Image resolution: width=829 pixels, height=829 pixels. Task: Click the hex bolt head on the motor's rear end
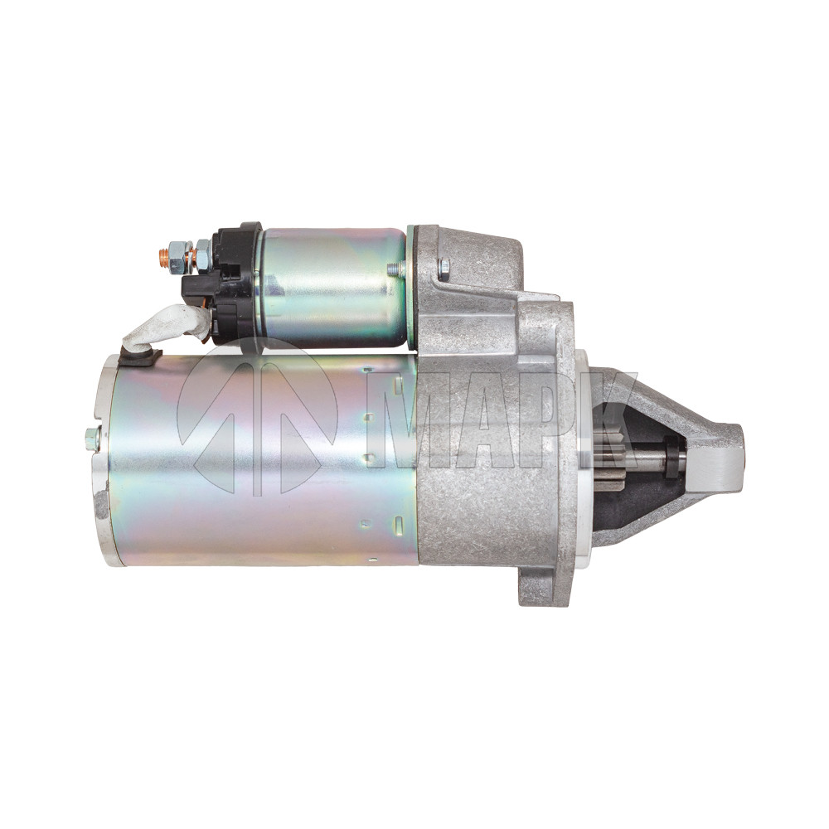[x=92, y=439]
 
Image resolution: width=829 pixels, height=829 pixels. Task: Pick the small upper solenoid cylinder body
[x=333, y=288]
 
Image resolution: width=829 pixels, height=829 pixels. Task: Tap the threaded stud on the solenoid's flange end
[x=395, y=269]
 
